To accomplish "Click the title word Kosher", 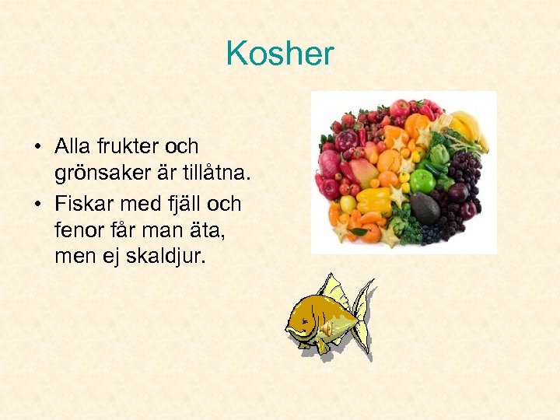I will pos(279,54).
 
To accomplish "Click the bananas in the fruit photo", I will pos(470,128).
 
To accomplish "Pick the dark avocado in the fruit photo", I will pos(425,208).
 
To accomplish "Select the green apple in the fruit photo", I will pos(422,180).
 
